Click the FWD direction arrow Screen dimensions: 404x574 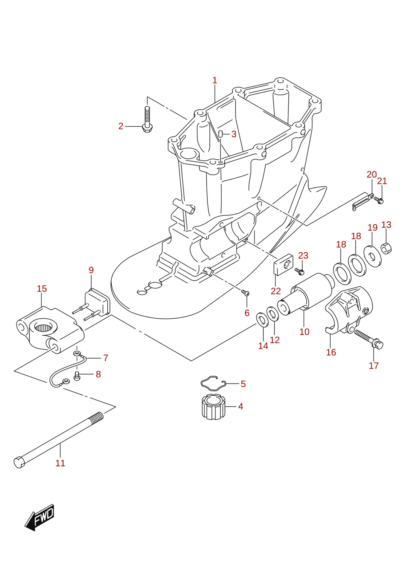[39, 517]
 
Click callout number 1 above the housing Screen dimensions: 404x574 [215, 80]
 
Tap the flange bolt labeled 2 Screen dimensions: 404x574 [147, 120]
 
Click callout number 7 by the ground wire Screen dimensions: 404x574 [106, 357]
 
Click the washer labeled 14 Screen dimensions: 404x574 [262, 320]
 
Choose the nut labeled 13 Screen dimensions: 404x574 [386, 248]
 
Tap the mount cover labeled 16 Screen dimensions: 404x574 [349, 310]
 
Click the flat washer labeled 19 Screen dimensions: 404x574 [372, 256]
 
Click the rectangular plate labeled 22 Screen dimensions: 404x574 [284, 264]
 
